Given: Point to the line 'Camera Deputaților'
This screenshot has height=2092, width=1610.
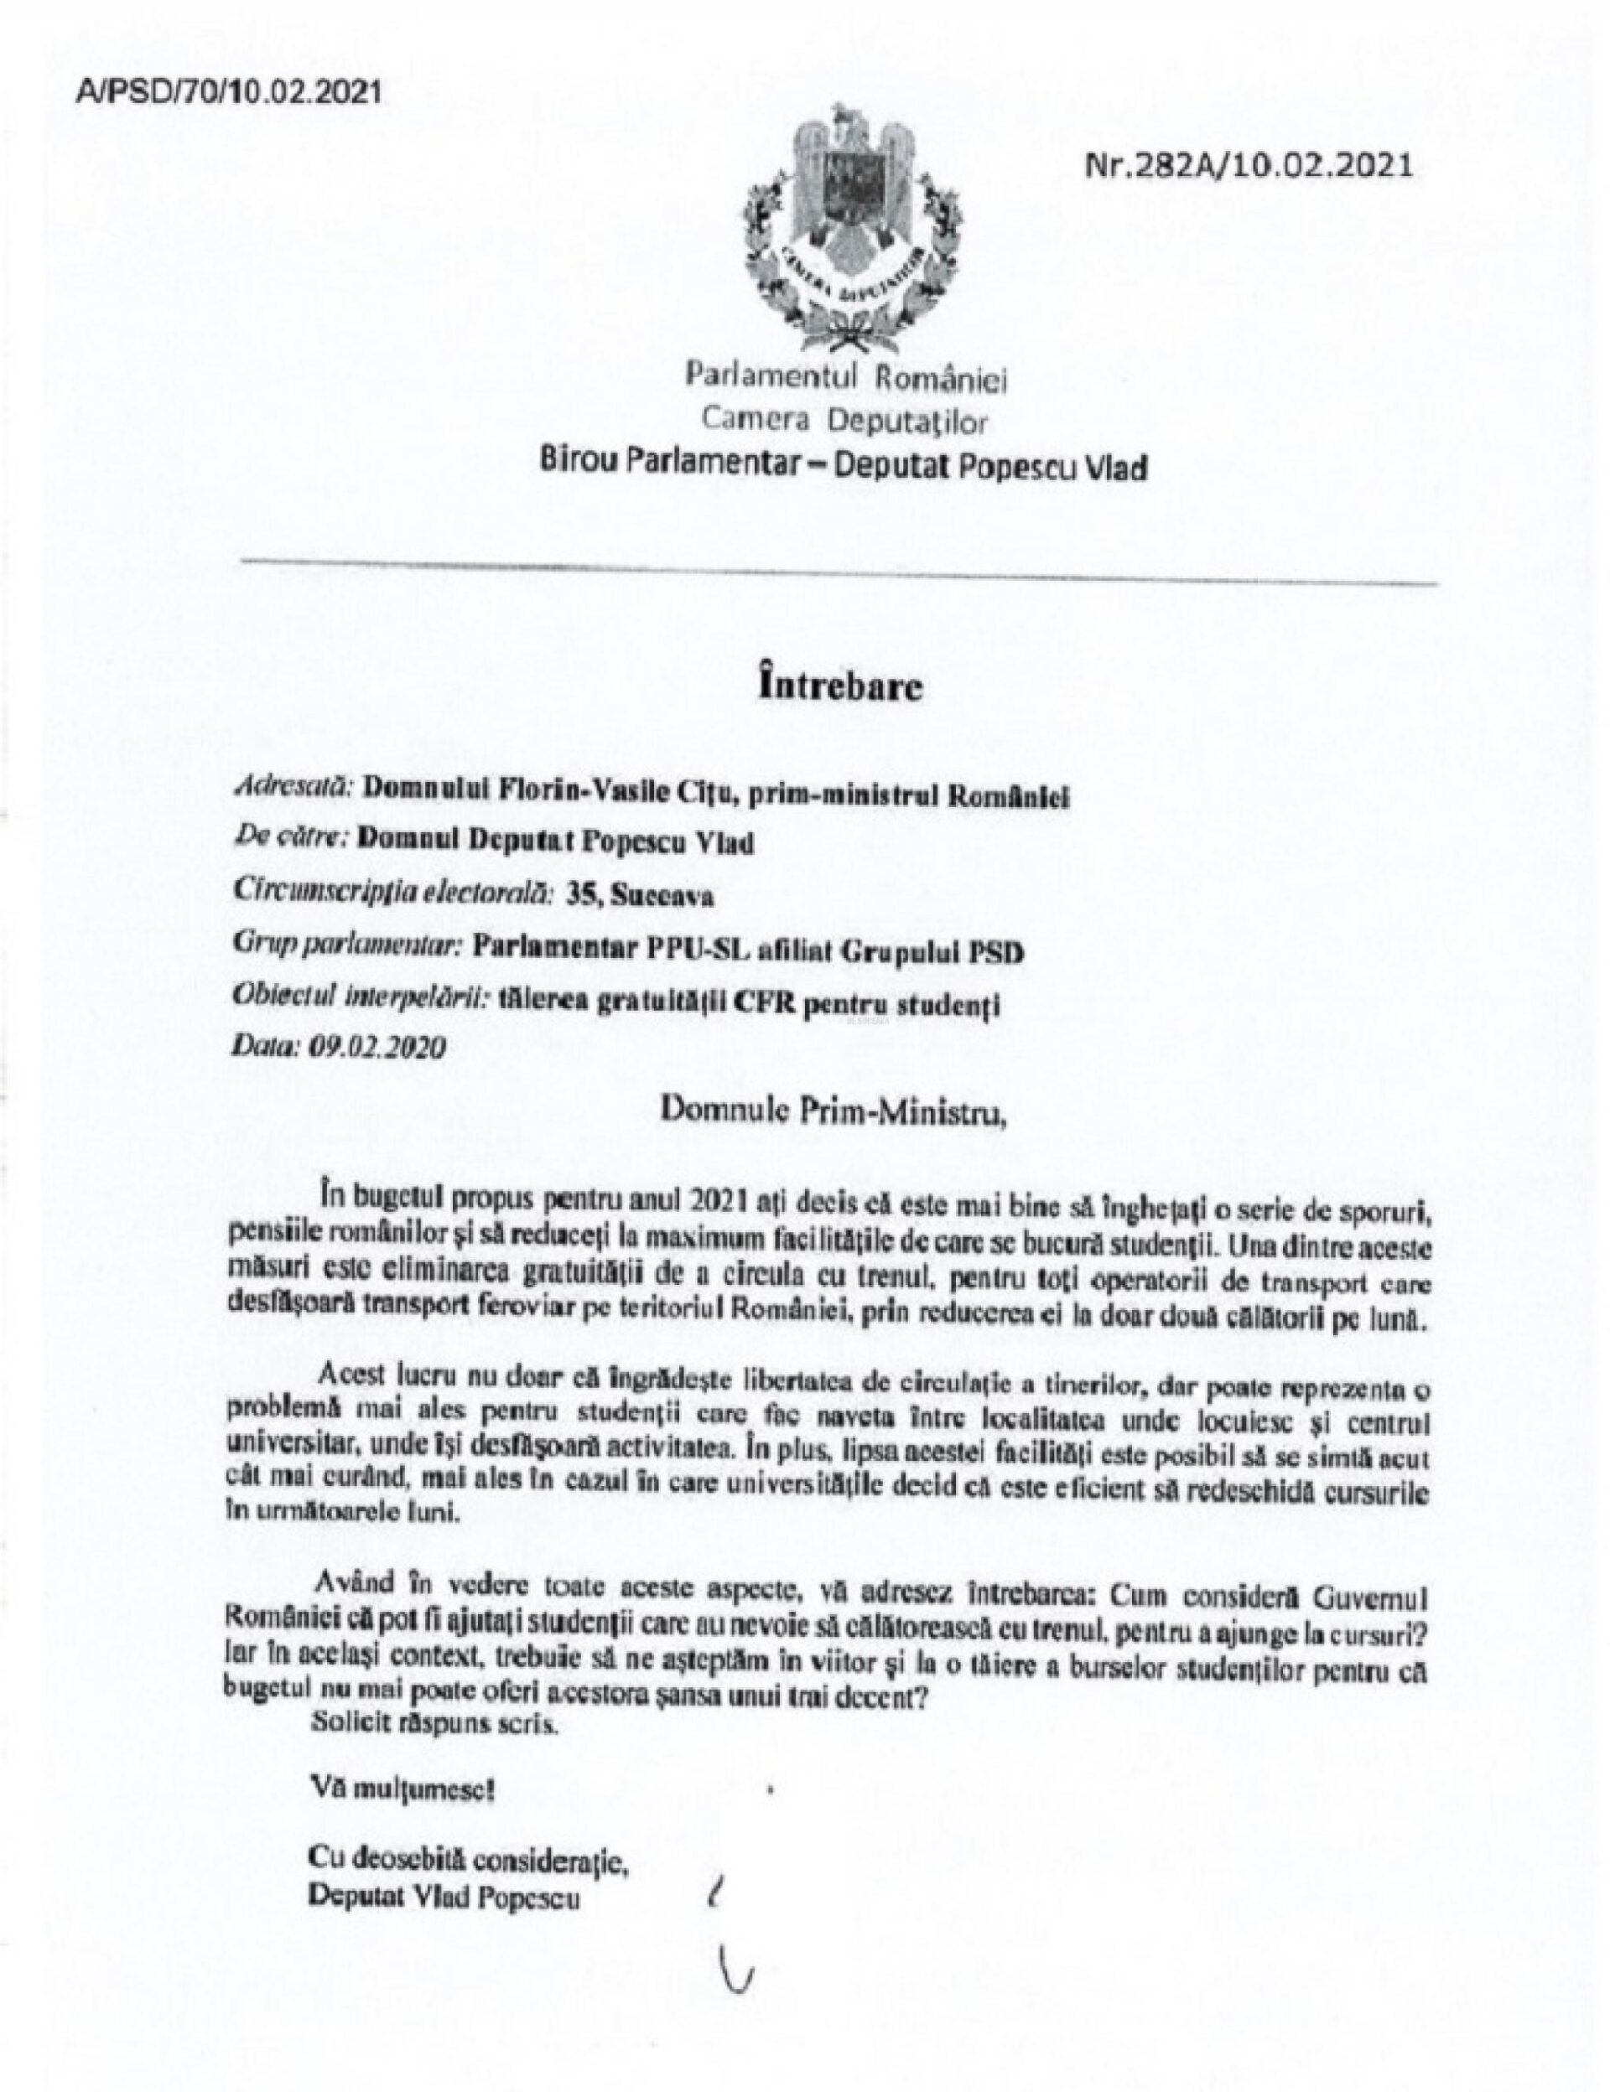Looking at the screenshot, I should [844, 421].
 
